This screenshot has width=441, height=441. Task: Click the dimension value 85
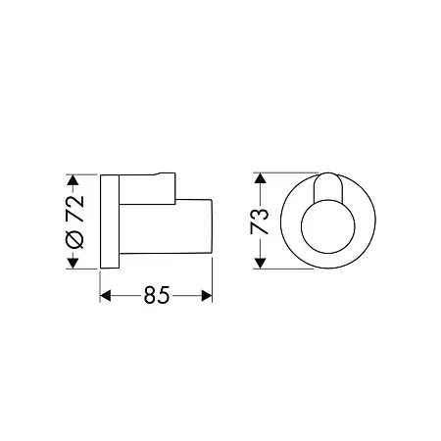click(157, 295)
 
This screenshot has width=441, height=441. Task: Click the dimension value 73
click(259, 221)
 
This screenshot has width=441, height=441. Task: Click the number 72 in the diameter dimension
click(75, 209)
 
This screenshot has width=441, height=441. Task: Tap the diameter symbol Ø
click(74, 239)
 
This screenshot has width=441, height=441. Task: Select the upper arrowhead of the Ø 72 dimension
click(73, 180)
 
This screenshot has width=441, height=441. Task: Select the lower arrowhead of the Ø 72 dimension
click(73, 263)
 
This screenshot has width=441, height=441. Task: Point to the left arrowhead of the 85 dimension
click(105, 296)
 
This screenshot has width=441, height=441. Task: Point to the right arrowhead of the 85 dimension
click(207, 296)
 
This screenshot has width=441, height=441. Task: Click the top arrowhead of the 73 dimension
click(260, 178)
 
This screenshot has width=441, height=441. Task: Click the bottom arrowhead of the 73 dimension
click(260, 264)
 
